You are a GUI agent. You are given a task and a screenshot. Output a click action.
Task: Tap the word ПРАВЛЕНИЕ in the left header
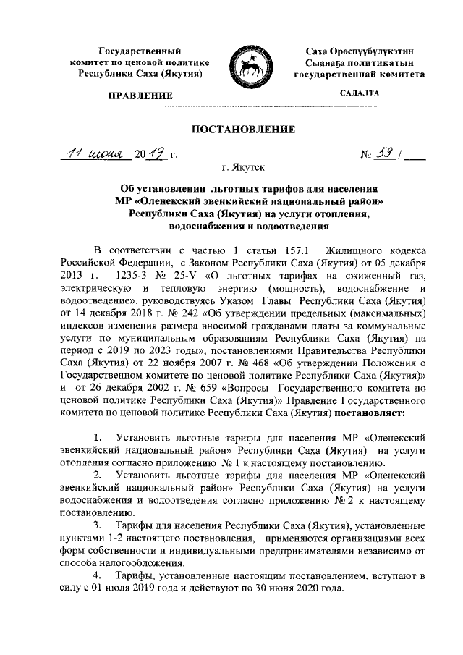140,96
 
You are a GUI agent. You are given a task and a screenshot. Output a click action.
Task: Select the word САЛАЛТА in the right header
360,94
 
